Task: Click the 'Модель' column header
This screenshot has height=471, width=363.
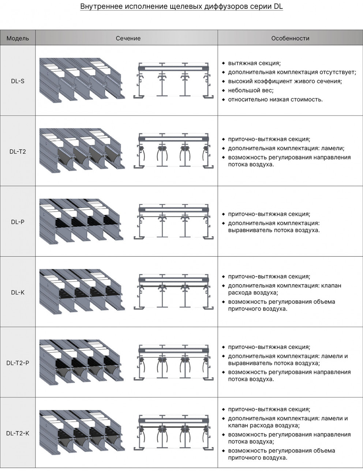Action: [18, 38]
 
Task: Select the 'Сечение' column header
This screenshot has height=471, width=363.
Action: [128, 38]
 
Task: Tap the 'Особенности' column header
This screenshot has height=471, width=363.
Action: [290, 38]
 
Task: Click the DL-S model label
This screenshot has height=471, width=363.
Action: [18, 81]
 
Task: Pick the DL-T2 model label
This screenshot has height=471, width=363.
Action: [18, 151]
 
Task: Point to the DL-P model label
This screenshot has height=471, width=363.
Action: [18, 222]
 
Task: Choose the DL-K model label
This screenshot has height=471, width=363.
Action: [18, 293]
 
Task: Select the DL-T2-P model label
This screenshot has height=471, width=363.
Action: [18, 363]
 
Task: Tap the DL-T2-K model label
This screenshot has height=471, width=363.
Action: [18, 433]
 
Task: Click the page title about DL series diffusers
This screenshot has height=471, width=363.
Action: [181, 7]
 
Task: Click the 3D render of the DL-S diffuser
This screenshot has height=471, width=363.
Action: [82, 79]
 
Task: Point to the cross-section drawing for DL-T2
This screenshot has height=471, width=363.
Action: [173, 150]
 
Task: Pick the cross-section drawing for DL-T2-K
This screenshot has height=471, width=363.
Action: [173, 432]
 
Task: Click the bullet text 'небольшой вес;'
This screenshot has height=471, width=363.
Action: [251, 90]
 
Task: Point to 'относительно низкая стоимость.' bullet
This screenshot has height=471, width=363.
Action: [275, 99]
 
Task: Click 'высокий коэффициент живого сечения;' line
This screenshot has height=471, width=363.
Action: [285, 81]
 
